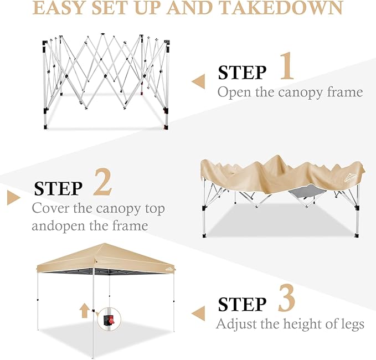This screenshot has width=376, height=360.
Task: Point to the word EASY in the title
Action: pos(60,8)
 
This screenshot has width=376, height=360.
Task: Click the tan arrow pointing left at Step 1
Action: pos(198,81)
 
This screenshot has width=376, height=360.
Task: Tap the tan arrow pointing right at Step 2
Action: pos(14,198)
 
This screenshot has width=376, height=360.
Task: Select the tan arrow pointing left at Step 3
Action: pos(198,313)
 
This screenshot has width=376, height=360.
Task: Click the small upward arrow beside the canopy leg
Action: pos(84,310)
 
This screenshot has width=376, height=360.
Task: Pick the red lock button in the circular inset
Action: pos(111,320)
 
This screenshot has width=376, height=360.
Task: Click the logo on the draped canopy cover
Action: pos(351,178)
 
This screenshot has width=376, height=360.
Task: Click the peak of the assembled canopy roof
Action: pos(105,244)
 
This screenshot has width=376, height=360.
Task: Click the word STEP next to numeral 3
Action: pos(242,305)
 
